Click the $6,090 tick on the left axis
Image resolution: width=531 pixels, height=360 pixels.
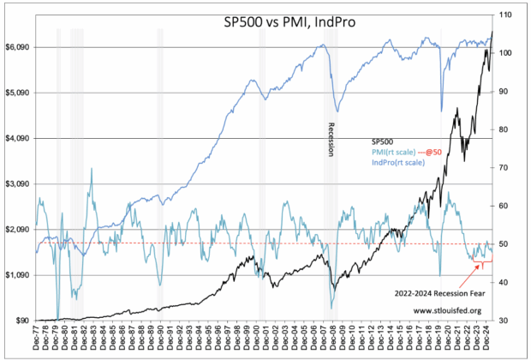pyautogui.click(x=20, y=47)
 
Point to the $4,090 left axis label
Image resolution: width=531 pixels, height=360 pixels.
pyautogui.click(x=20, y=138)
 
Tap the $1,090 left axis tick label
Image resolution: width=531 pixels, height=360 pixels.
pyautogui.click(x=20, y=275)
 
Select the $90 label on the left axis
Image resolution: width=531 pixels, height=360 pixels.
pyautogui.click(x=24, y=321)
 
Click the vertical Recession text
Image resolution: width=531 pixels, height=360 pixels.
pyautogui.click(x=331, y=138)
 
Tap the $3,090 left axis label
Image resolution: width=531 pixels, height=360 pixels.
pyautogui.click(x=20, y=184)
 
